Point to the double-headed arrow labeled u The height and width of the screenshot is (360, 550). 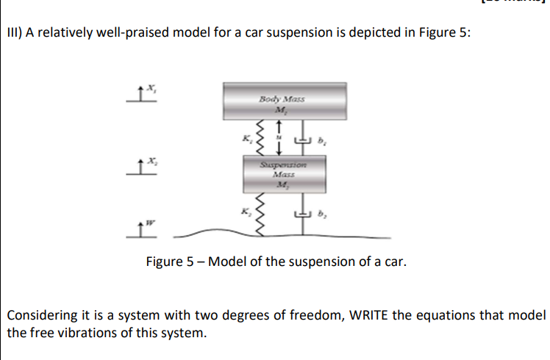pyautogui.click(x=278, y=138)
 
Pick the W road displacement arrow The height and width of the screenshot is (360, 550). pyautogui.click(x=140, y=231)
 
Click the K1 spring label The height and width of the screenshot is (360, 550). pyautogui.click(x=248, y=136)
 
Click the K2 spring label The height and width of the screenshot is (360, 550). pyautogui.click(x=248, y=211)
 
